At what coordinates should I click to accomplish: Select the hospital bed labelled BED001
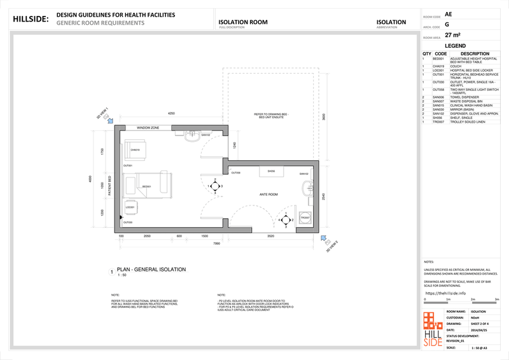pyautogui.click(x=147, y=186)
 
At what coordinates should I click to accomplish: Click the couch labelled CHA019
pyautogui.click(x=136, y=151)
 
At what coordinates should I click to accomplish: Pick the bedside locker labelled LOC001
pyautogui.click(x=130, y=207)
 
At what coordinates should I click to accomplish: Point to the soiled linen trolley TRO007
pyautogui.click(x=305, y=218)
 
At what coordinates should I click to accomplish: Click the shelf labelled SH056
pyautogui.click(x=271, y=171)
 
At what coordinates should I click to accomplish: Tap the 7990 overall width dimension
pyautogui.click(x=216, y=243)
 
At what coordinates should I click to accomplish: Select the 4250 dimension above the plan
pyautogui.click(x=171, y=113)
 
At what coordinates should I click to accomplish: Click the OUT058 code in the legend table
pyautogui.click(x=438, y=90)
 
